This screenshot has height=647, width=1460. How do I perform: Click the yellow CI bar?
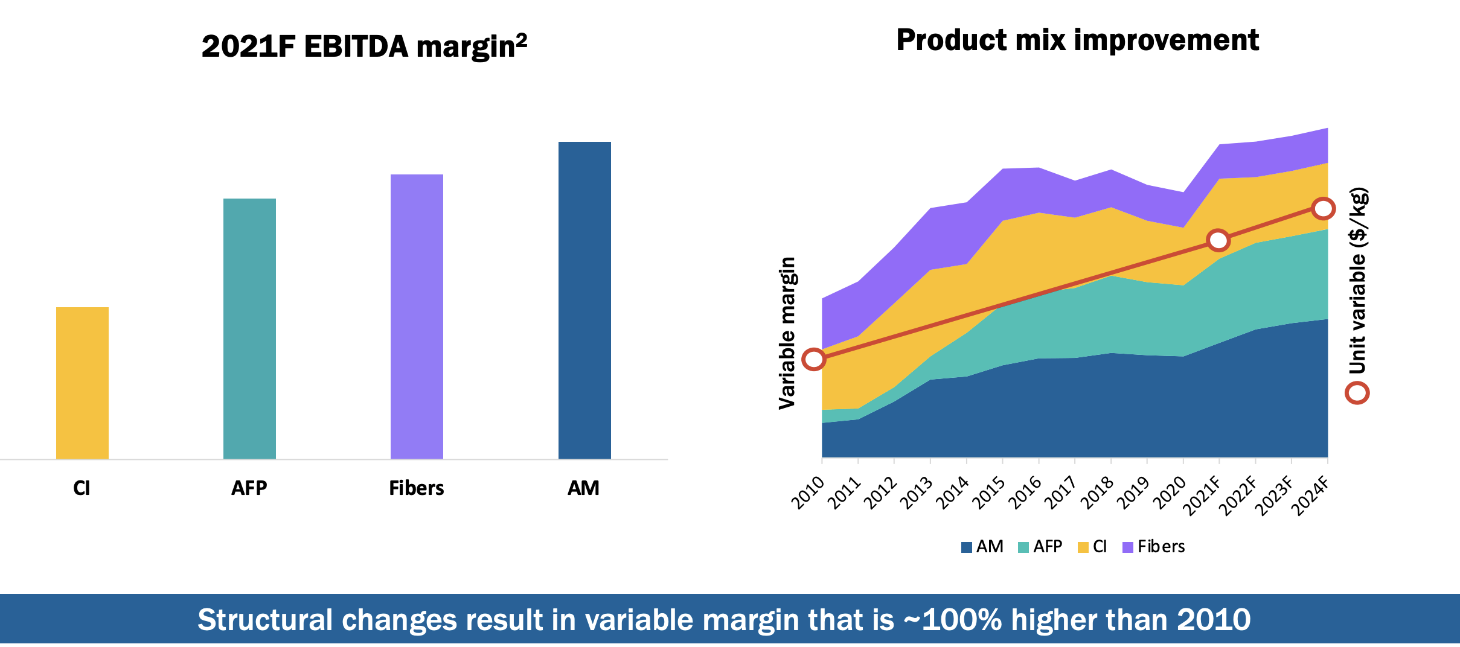tap(82, 383)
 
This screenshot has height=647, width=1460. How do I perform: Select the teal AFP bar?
tap(249, 329)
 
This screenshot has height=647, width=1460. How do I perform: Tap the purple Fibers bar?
tap(417, 317)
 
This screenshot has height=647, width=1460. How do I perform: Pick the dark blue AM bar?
tap(584, 301)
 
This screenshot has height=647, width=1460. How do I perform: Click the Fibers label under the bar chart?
tap(416, 488)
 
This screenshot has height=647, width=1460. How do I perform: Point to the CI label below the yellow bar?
tap(82, 488)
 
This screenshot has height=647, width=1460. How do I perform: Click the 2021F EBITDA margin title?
tap(364, 46)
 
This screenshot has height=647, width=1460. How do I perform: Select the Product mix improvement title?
tap(1077, 40)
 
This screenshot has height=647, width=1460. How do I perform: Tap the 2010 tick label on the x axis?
tap(808, 492)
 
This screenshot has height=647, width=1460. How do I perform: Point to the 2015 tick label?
tap(988, 492)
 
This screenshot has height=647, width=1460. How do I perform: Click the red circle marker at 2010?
tap(814, 359)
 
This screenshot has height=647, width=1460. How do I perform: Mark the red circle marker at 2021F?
tap(1218, 240)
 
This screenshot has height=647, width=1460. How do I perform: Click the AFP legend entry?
tap(1040, 547)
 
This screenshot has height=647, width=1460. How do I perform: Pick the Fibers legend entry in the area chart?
tap(1154, 547)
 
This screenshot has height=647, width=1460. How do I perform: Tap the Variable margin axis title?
tap(787, 333)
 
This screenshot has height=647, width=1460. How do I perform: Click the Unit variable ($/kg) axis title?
tap(1358, 281)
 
